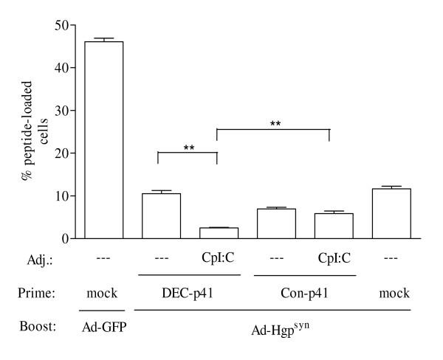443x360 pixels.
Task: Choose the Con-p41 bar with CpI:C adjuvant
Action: pyautogui.click(x=329, y=226)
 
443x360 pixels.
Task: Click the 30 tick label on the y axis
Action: pyautogui.click(x=65, y=111)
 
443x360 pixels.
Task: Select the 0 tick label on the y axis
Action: pyautogui.click(x=68, y=238)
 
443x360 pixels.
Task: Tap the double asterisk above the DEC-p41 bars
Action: pyautogui.click(x=188, y=147)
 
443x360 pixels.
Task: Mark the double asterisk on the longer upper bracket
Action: pyautogui.click(x=275, y=124)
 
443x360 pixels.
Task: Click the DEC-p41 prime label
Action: pyautogui.click(x=188, y=293)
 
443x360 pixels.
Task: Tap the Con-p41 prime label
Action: pyautogui.click(x=301, y=293)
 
